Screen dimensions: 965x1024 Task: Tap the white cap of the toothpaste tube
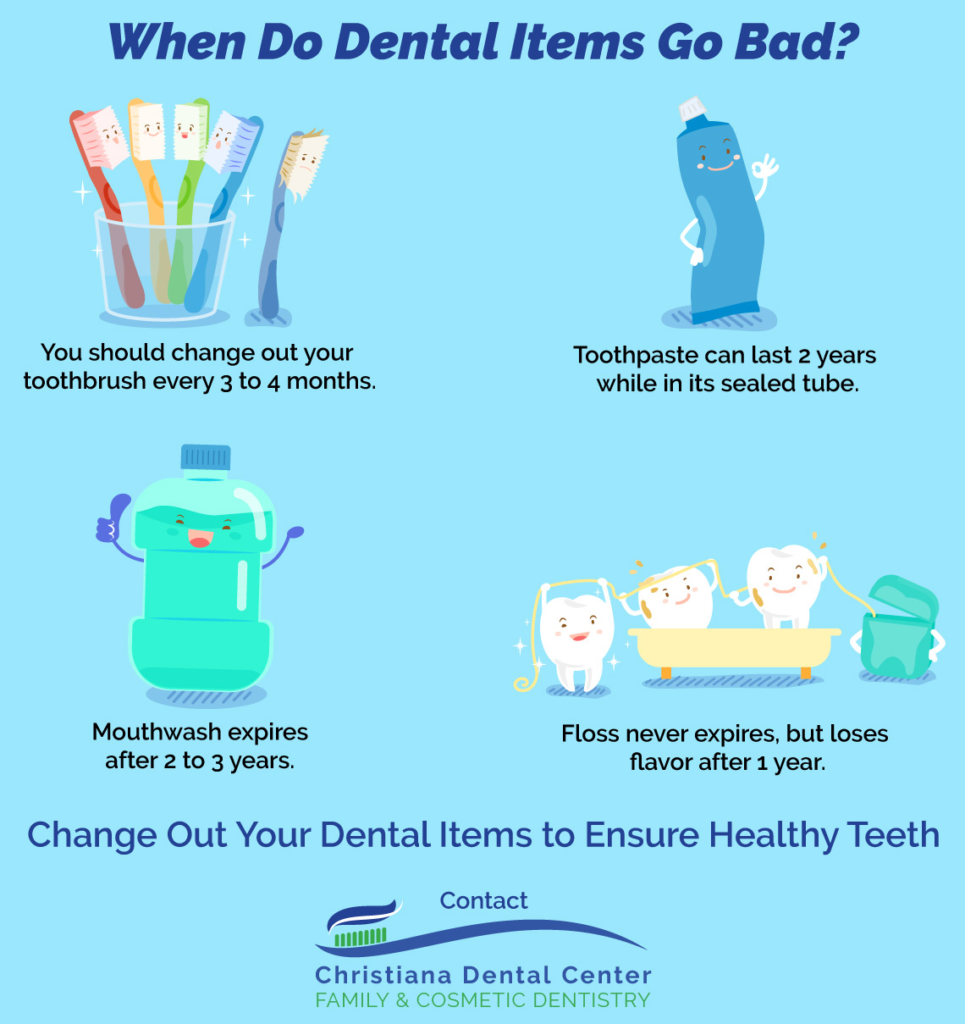(x=692, y=108)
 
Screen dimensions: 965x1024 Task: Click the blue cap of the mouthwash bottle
(x=205, y=457)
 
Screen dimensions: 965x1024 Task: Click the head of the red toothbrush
(x=101, y=137)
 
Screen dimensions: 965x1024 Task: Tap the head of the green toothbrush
(x=190, y=130)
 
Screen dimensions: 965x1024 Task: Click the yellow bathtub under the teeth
(x=734, y=650)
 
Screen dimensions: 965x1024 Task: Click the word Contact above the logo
(x=483, y=900)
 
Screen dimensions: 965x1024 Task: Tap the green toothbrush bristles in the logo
(x=361, y=937)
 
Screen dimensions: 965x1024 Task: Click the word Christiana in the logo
(x=383, y=976)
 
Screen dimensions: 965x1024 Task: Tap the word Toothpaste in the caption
(x=636, y=356)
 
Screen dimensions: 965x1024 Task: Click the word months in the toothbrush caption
(x=331, y=381)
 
